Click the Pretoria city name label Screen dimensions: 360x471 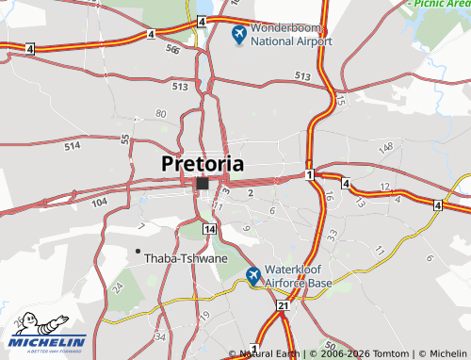tap(203, 163)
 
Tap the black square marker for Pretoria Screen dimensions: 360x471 tap(203, 183)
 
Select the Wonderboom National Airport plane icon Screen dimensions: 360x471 tap(239, 35)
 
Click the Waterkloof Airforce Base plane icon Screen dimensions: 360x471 tap(252, 275)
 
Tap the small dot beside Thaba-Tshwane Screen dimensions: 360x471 tap(138, 251)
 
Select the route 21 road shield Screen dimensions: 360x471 tap(283, 306)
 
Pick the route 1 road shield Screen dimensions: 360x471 tap(308, 175)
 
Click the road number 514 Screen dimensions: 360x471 tap(73, 147)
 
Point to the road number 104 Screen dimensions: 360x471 tap(100, 203)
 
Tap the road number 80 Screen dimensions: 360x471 tap(161, 114)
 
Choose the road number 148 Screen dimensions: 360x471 tap(385, 148)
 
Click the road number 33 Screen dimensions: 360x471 tap(332, 235)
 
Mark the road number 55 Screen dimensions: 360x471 tap(125, 139)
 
